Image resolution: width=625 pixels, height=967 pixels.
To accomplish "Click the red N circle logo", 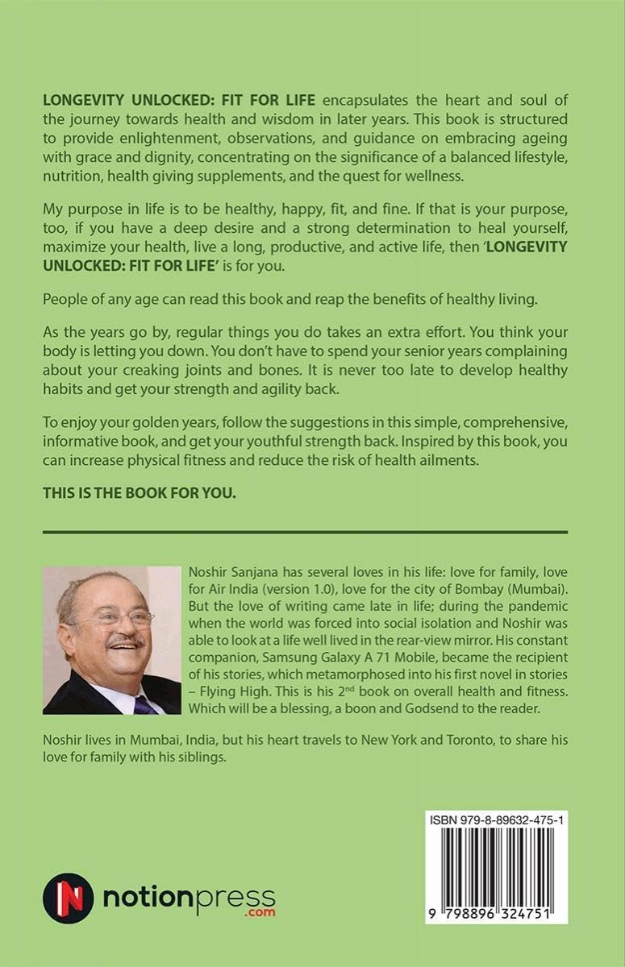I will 69,898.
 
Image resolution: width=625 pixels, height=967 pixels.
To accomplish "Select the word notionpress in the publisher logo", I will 189,896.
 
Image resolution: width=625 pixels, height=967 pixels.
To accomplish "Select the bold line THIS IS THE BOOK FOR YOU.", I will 140,493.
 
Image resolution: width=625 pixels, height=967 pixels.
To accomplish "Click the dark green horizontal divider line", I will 305,532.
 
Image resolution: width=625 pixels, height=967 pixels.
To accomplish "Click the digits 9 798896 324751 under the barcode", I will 498,913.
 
